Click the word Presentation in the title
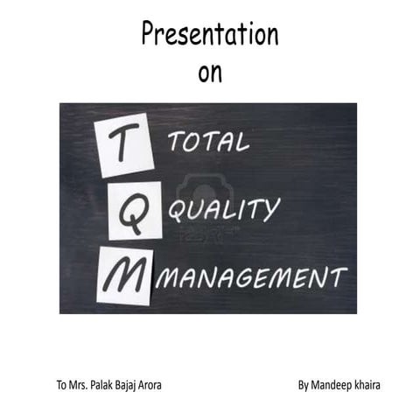point(210,35)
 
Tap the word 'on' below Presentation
point(210,73)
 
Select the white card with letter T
point(126,150)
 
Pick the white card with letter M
point(123,275)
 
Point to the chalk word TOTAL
point(209,143)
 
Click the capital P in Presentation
point(149,35)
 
